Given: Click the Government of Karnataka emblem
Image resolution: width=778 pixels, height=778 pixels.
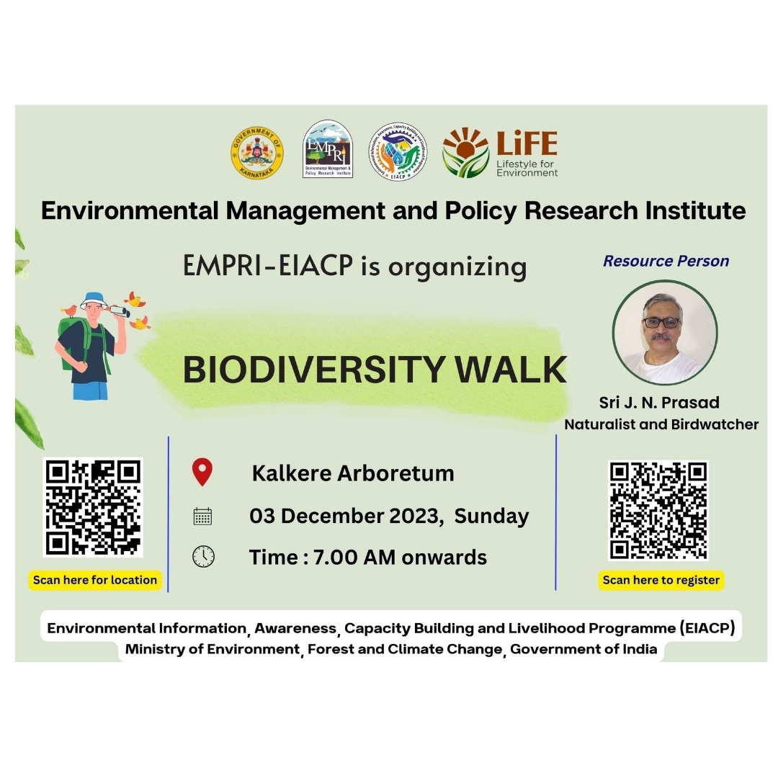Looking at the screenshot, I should (x=257, y=152).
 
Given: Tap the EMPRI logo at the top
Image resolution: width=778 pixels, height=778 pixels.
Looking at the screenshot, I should (x=328, y=149).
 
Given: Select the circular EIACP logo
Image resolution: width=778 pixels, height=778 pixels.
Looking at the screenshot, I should (x=398, y=151).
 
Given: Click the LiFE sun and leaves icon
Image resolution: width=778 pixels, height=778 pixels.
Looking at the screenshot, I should (x=465, y=152).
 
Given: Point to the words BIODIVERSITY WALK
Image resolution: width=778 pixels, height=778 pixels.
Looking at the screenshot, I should (x=375, y=370).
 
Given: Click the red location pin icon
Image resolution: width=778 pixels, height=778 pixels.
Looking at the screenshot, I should (x=202, y=473).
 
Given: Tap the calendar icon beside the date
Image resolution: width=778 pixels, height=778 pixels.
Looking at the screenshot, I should (x=202, y=516).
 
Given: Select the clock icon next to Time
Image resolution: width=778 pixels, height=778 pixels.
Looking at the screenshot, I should (x=203, y=557).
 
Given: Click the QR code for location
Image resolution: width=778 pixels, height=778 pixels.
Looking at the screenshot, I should (x=93, y=507).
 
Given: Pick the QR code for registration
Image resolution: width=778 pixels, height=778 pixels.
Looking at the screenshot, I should (x=658, y=510).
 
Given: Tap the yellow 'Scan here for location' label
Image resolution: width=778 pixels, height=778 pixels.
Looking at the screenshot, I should (x=94, y=580).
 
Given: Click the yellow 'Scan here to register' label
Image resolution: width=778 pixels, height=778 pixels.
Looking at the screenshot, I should (x=661, y=580).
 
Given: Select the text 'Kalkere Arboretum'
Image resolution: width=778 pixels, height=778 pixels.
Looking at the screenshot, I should (x=353, y=473).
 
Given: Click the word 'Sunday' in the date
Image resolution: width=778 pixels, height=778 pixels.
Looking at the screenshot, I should (x=491, y=517).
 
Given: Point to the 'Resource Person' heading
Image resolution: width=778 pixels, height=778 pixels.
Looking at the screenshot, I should (x=666, y=261).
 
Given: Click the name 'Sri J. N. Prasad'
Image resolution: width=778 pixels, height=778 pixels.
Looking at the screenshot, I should (x=659, y=402).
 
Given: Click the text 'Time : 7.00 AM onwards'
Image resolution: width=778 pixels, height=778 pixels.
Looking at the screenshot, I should (x=367, y=558).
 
